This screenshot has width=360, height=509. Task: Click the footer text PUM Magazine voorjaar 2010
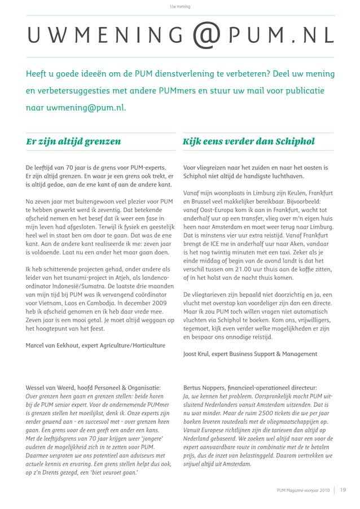(303, 490)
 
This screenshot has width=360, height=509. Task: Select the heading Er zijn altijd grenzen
(73, 142)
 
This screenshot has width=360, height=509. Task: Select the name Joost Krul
(200, 354)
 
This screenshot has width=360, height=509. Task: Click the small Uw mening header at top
(180, 7)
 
